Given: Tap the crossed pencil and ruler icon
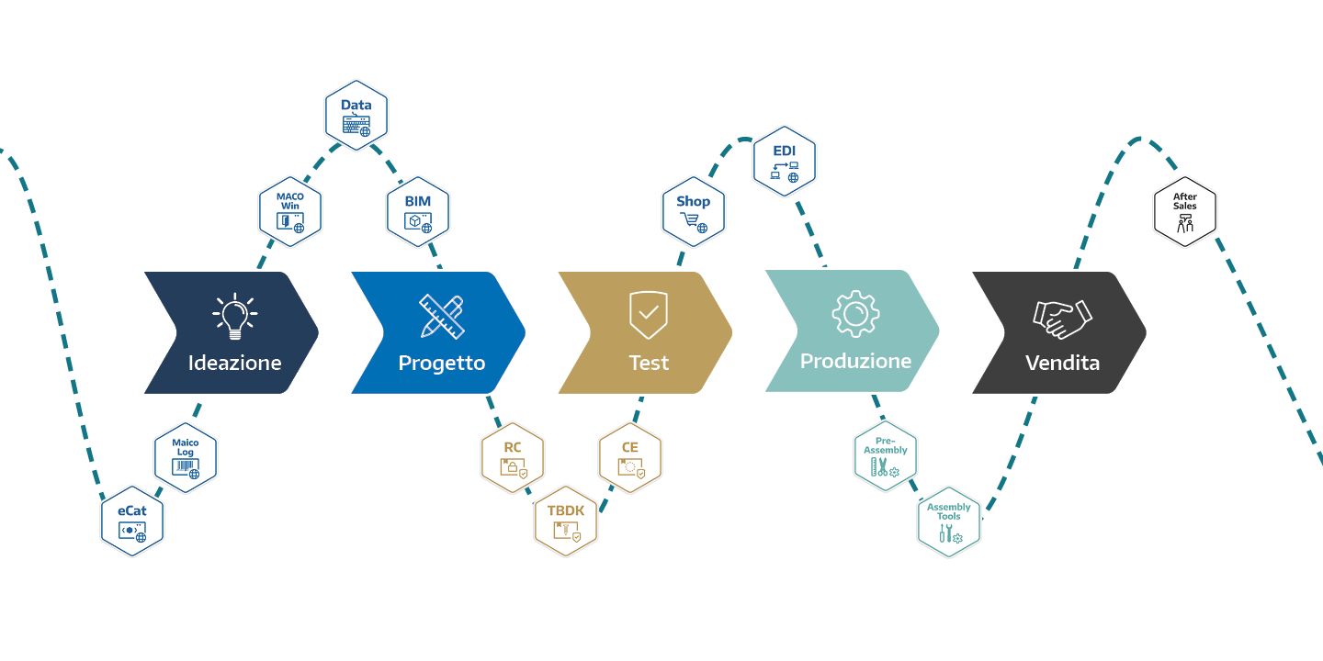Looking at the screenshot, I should pos(442,315).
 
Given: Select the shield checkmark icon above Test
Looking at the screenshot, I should pos(649,314).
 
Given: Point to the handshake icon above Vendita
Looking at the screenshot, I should pos(1062,317).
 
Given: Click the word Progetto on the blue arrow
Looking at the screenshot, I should pos(442,363).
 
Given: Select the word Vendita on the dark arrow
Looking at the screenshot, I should pos(1062,363).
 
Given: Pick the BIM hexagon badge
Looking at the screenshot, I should pos(418,212).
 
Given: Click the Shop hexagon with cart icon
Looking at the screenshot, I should pos(694,212).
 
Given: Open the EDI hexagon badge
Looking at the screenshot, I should pos(784,161).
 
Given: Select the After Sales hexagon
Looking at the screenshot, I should pos(1185,212).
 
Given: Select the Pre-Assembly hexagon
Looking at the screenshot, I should pos(886,457).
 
